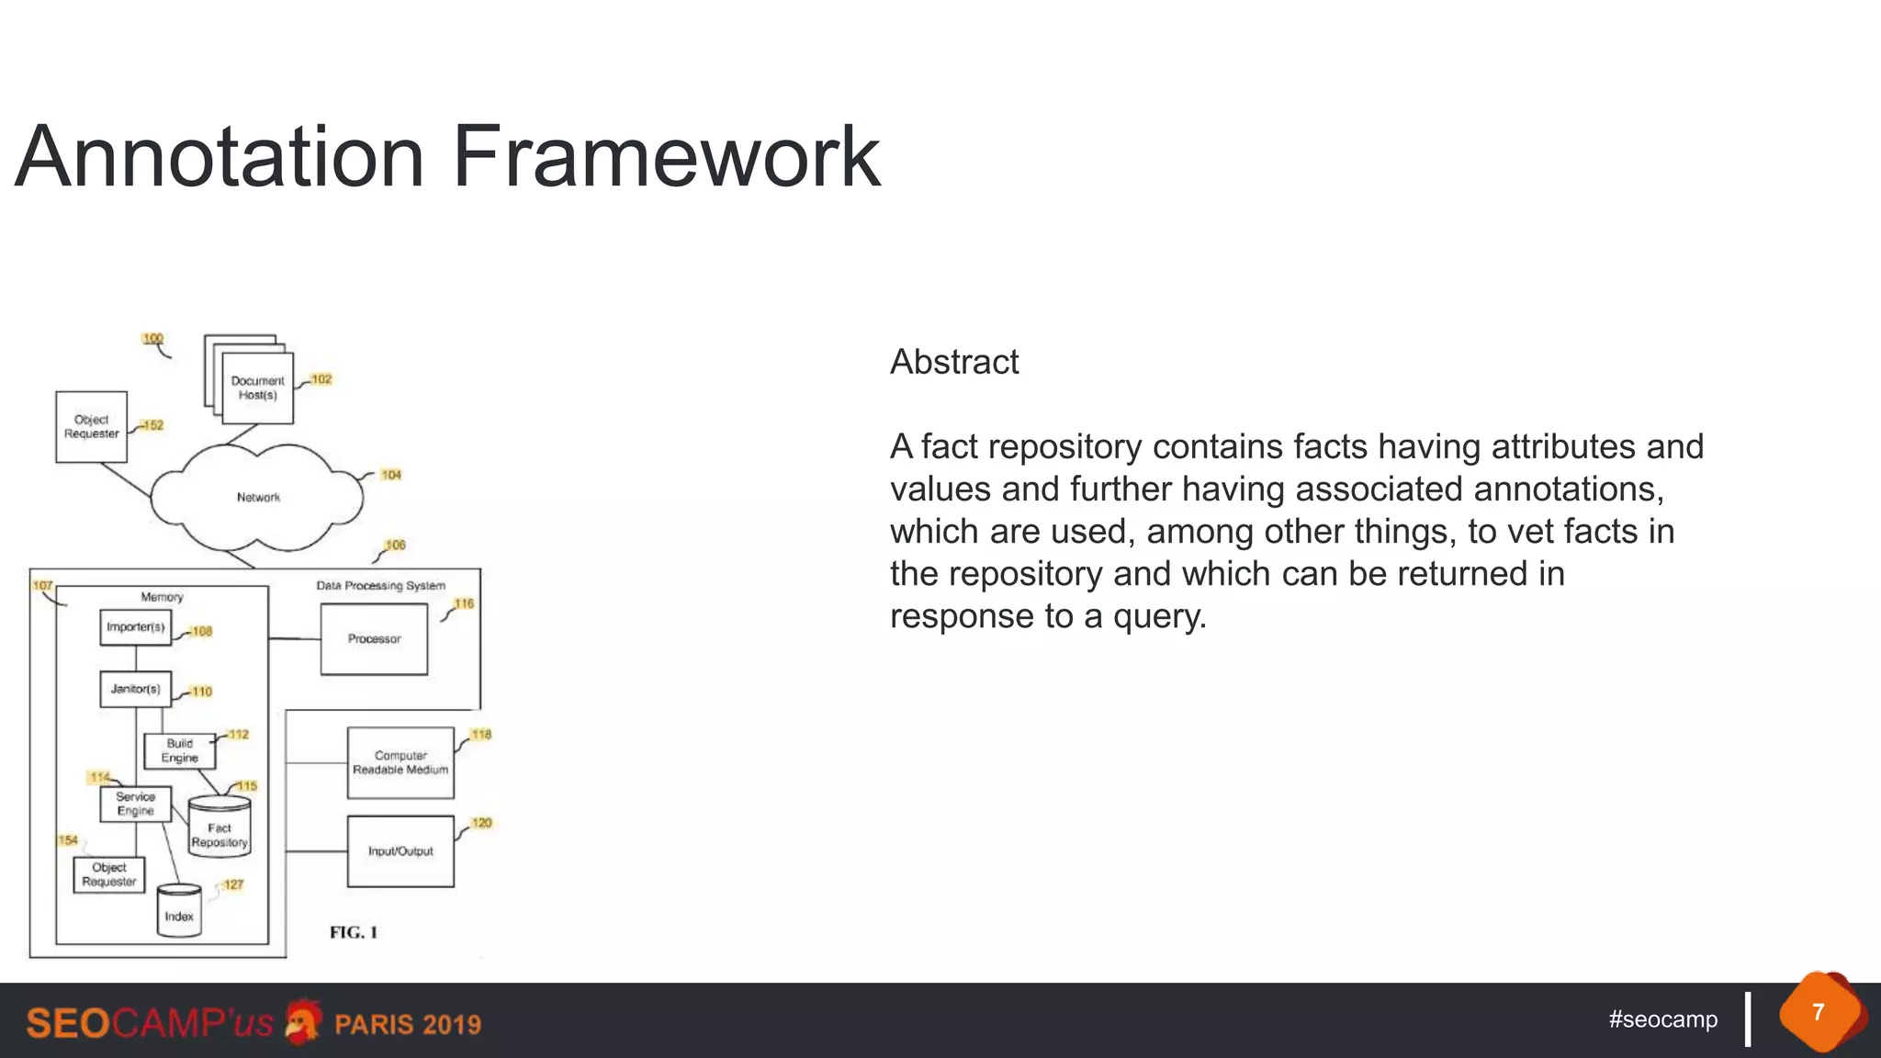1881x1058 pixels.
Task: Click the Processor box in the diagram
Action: (x=374, y=639)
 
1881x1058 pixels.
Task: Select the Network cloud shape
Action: (x=257, y=497)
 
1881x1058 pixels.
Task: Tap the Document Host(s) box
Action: (x=257, y=388)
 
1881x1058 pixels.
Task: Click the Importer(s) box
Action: (x=135, y=627)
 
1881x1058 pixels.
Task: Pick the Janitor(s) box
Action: (x=135, y=689)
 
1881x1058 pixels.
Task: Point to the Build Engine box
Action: (x=179, y=750)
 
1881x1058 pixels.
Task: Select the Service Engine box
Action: (x=135, y=804)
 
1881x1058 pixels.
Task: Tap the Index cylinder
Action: (x=179, y=911)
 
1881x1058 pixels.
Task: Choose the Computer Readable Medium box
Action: (x=400, y=762)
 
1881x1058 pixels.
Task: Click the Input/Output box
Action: (x=400, y=851)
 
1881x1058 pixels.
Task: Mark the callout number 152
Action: (x=152, y=425)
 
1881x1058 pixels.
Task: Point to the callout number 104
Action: (x=391, y=475)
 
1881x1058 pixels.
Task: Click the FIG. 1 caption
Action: (x=354, y=932)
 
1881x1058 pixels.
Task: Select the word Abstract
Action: (x=954, y=362)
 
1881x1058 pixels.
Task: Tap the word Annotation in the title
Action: (x=220, y=157)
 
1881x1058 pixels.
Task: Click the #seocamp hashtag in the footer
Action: (x=1662, y=1019)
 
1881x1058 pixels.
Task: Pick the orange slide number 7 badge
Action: (x=1819, y=1013)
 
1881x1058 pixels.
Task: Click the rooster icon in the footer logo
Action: (x=302, y=1021)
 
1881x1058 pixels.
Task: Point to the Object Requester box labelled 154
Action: (x=109, y=874)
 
